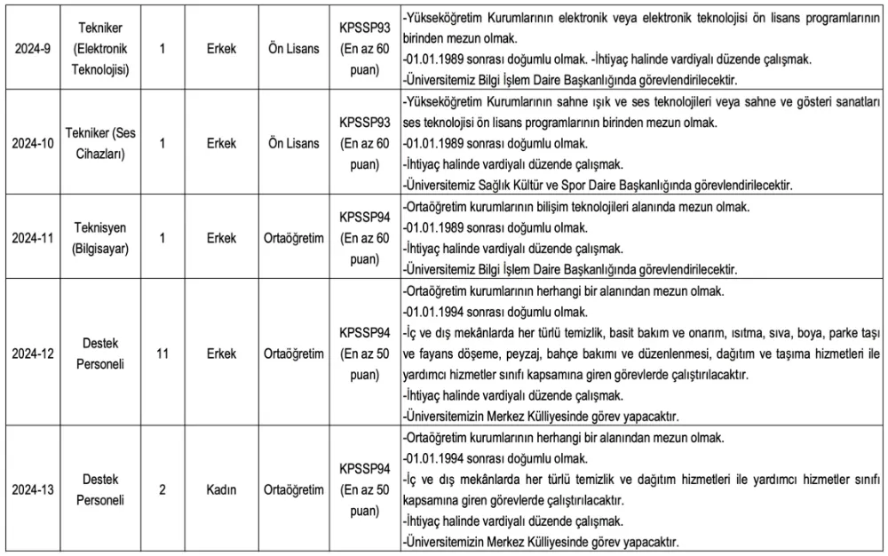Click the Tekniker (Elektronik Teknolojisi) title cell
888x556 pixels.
point(100,49)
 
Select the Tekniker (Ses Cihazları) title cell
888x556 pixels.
point(100,141)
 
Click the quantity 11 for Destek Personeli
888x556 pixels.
point(163,353)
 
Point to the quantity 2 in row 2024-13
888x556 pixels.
point(163,488)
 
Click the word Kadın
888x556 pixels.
point(220,488)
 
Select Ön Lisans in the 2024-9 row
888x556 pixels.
point(294,49)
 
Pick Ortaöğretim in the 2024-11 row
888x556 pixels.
point(294,237)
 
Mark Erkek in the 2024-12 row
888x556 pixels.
point(220,353)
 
